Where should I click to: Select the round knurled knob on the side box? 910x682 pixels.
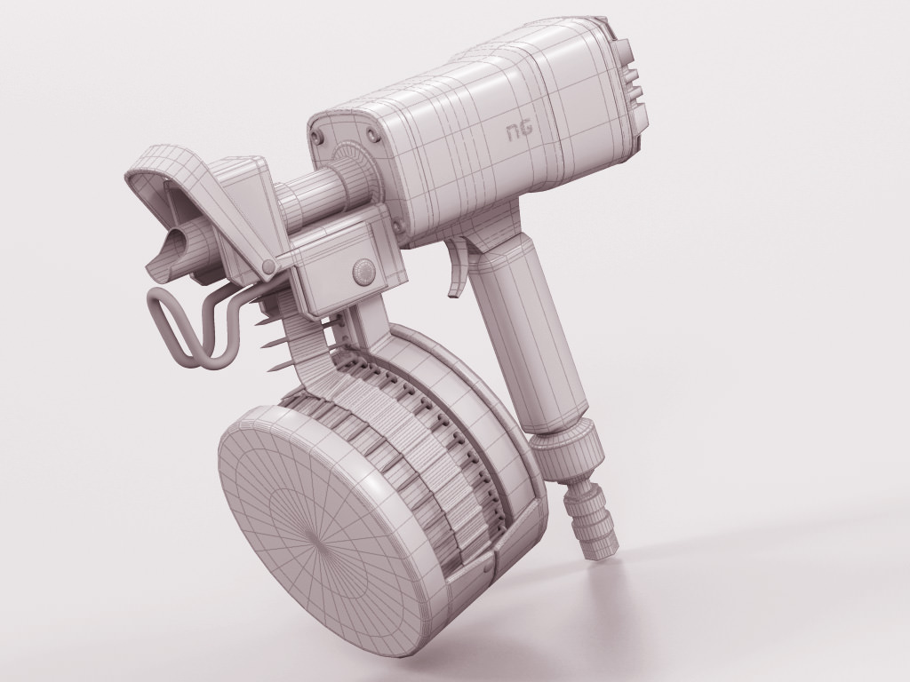(x=362, y=270)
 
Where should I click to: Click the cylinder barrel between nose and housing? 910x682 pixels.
(x=307, y=197)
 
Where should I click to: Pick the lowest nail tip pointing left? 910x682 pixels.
(x=279, y=367)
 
